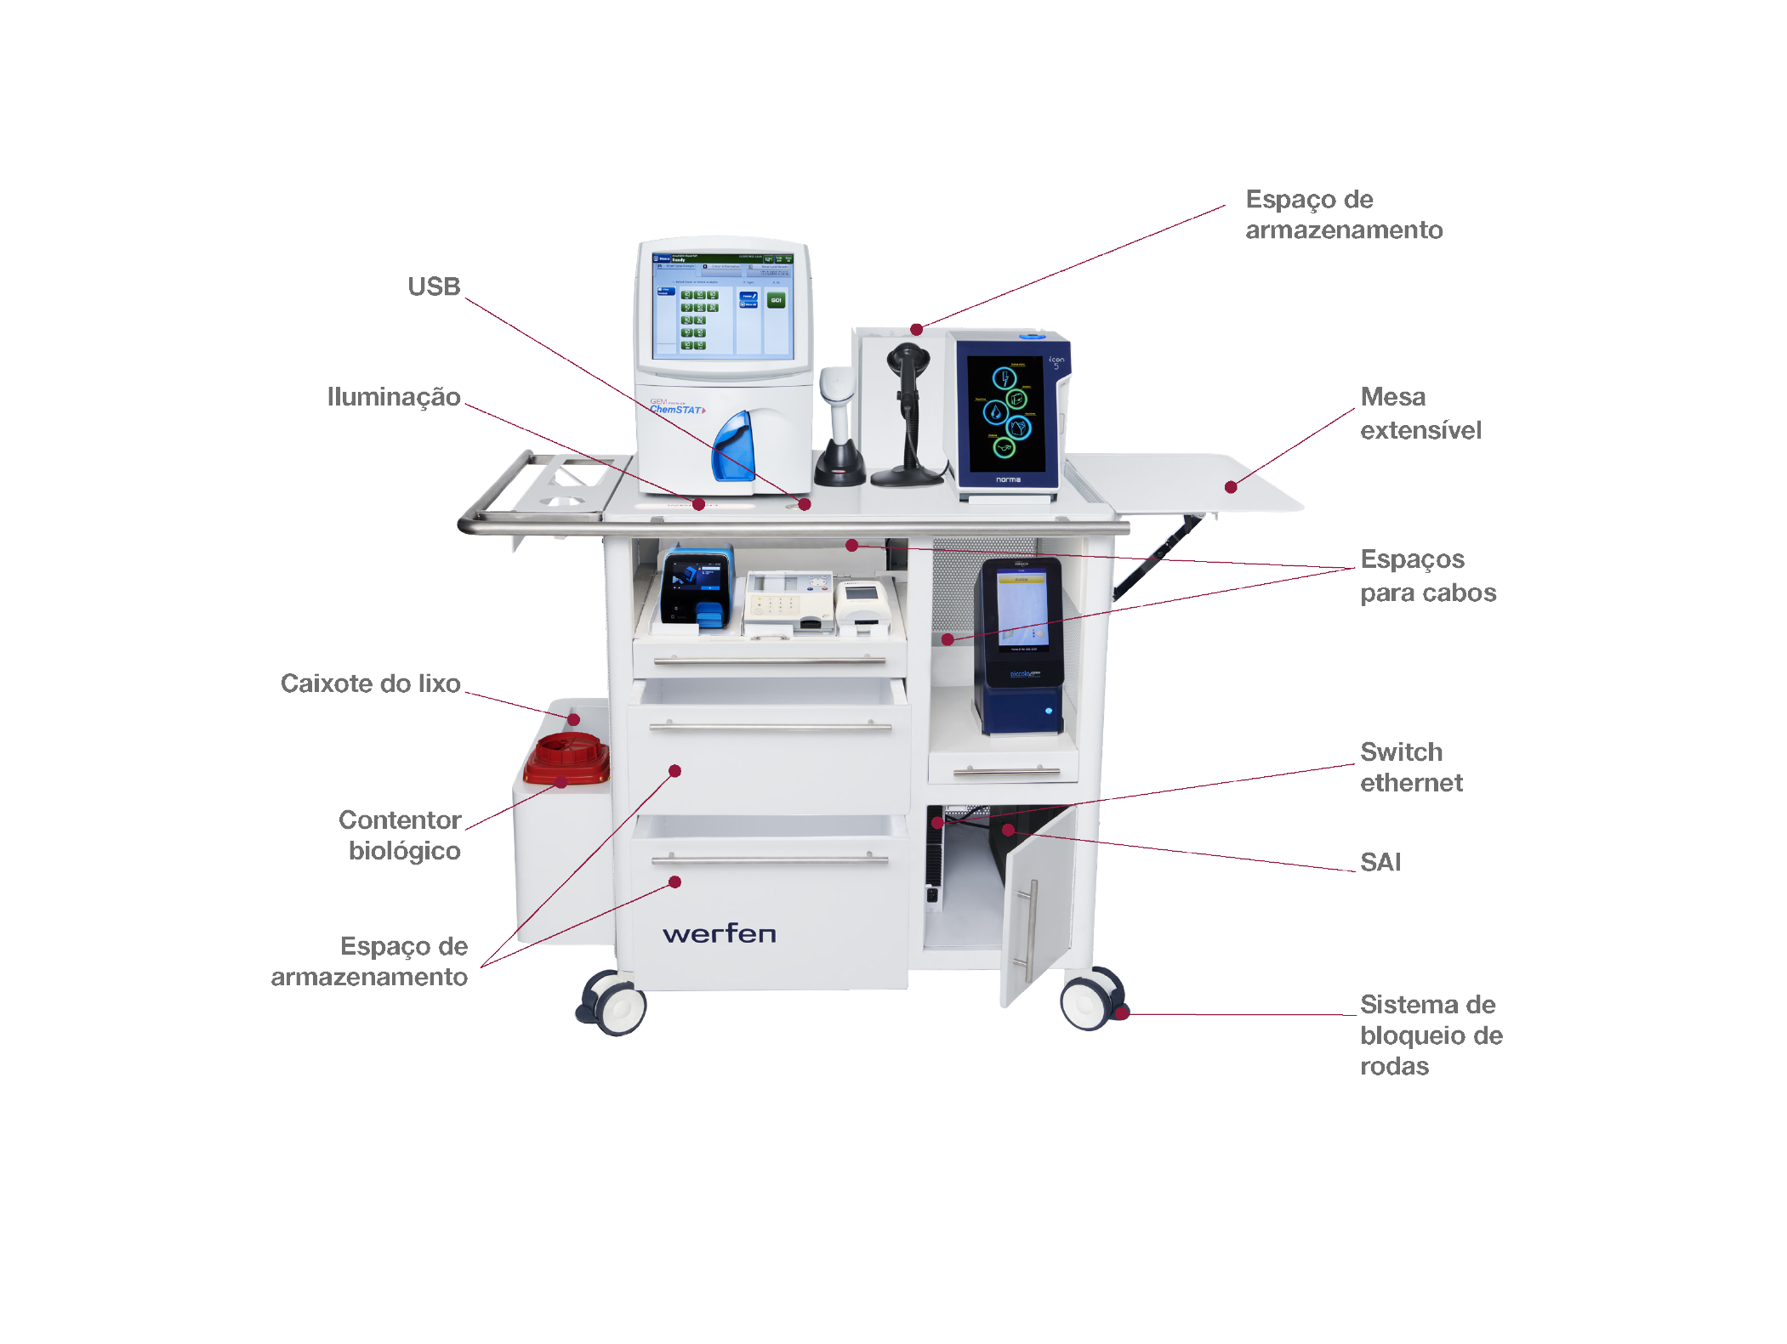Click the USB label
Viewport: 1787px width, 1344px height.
[x=434, y=287]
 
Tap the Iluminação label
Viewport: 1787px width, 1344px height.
[x=394, y=397]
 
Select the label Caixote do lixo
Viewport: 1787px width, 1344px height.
[x=371, y=683]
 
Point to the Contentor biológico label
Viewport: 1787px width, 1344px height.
[x=401, y=835]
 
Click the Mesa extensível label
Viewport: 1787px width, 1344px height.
[x=1420, y=413]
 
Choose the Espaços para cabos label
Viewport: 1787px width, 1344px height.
[x=1428, y=576]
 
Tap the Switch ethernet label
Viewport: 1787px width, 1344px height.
[x=1411, y=767]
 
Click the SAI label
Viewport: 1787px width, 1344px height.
[x=1380, y=862]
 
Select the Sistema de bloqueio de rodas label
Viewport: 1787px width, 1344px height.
[x=1431, y=1035]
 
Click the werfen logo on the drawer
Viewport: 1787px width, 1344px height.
[x=719, y=934]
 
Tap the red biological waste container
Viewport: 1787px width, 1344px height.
[x=566, y=758]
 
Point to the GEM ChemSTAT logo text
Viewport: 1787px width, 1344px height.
[x=677, y=407]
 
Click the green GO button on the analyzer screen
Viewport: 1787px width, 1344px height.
[x=776, y=300]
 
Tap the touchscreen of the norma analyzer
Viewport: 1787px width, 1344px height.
[x=1006, y=413]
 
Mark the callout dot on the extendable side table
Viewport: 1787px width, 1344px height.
[x=1231, y=487]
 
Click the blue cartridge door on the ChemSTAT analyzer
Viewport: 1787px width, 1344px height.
[x=734, y=446]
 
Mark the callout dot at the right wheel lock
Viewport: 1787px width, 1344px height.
[x=1122, y=1012]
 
